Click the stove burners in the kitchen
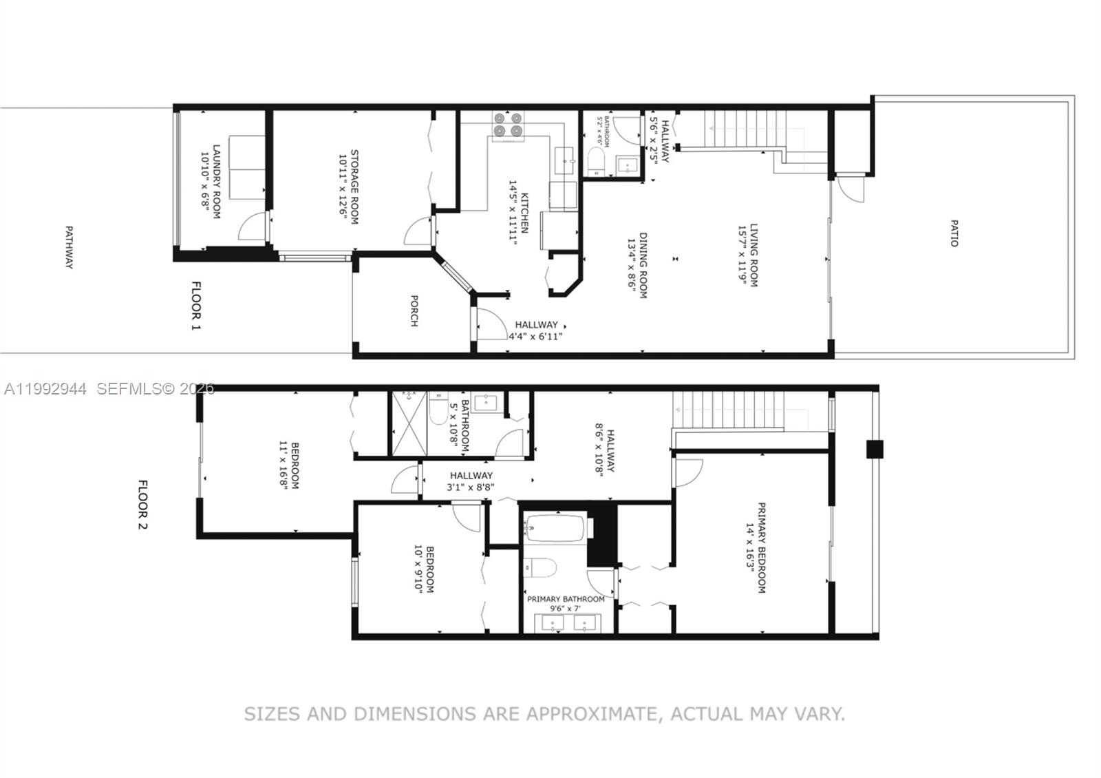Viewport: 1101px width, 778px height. tap(507, 124)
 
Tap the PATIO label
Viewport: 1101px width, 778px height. tap(954, 233)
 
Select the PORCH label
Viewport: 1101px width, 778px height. tap(414, 311)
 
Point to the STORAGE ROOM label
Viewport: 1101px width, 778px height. tap(355, 187)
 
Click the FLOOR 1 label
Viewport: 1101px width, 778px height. tap(196, 305)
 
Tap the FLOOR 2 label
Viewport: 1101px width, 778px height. tap(143, 506)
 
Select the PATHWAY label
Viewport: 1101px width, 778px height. tap(68, 247)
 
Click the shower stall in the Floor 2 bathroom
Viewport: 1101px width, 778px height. tap(409, 423)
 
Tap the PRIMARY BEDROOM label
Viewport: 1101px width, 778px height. tap(762, 547)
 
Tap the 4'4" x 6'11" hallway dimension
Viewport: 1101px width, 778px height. tap(535, 337)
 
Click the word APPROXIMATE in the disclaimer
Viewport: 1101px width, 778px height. tap(590, 714)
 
